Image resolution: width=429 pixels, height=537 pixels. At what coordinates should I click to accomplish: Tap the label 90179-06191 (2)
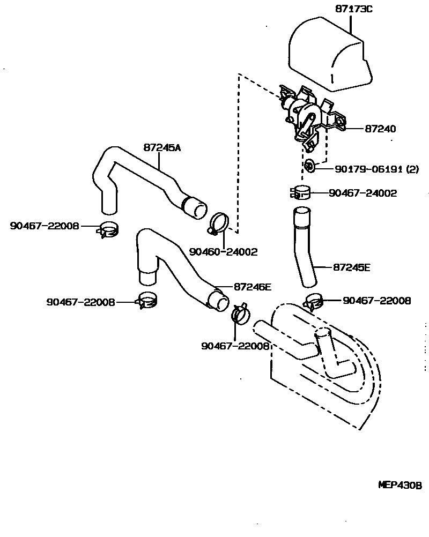376,169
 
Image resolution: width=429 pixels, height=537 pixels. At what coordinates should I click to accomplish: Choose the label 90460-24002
223,251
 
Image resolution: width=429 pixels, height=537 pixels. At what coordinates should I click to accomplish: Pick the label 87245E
351,266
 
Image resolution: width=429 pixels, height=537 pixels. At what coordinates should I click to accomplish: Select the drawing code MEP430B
400,486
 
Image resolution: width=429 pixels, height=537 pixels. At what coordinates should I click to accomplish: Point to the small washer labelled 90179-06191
309,166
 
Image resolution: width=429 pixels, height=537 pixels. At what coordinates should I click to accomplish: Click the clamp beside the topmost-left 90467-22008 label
109,229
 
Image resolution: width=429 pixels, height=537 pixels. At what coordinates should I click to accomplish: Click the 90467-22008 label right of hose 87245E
376,301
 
